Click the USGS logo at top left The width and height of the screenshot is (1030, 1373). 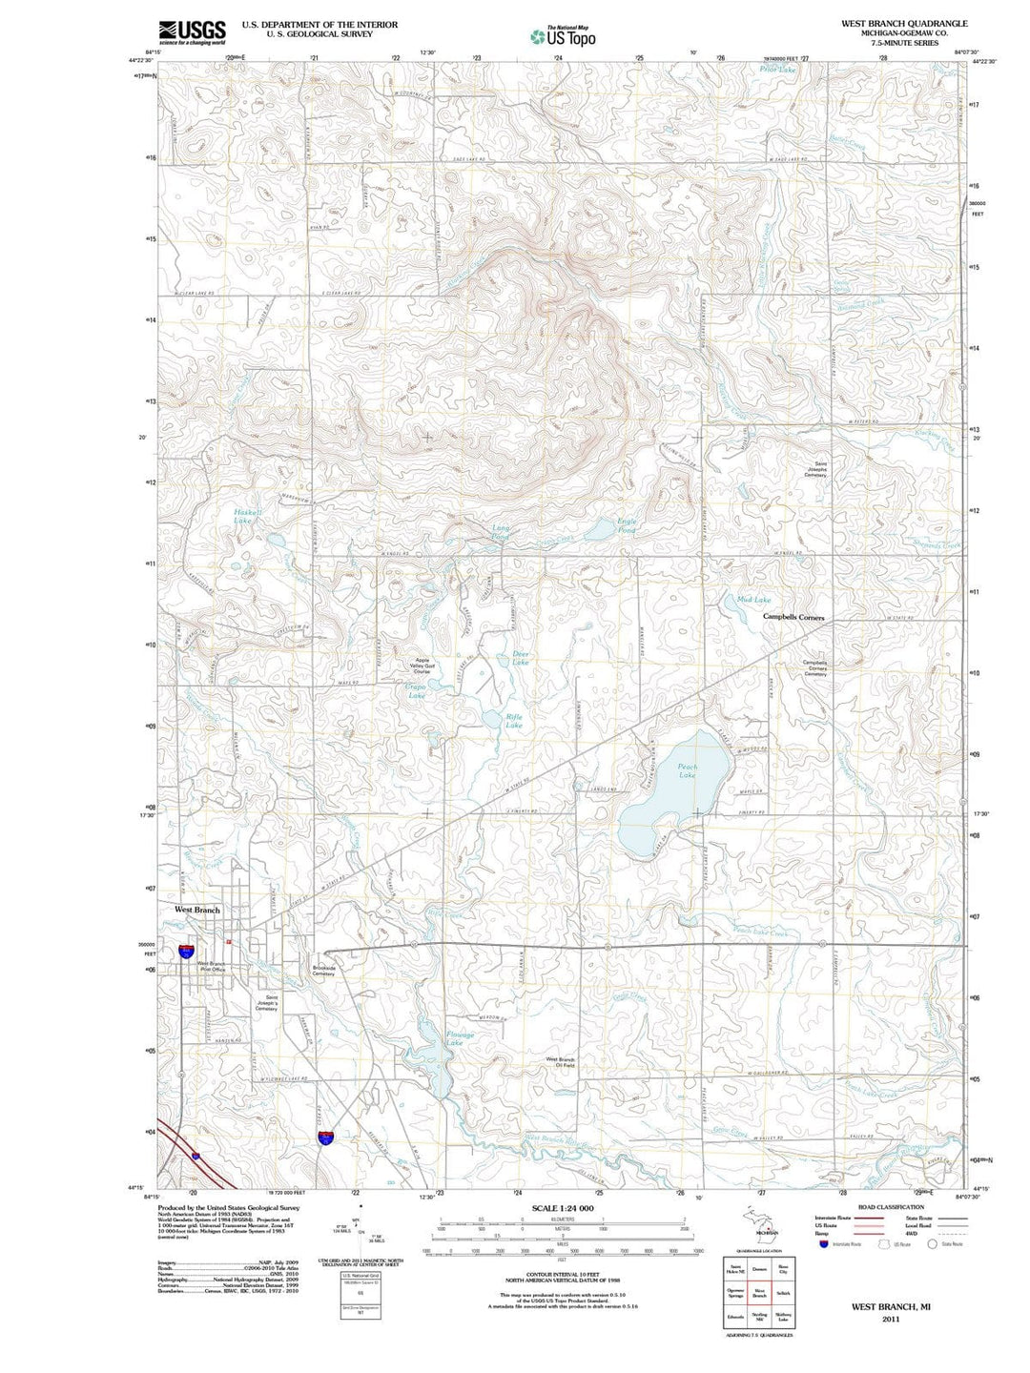[192, 31]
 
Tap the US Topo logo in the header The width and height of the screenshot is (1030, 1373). [563, 36]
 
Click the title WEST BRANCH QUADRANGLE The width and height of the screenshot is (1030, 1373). [890, 23]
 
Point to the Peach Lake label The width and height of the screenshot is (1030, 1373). [688, 770]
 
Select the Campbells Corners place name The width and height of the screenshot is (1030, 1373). [793, 618]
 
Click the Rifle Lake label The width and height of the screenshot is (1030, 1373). [514, 721]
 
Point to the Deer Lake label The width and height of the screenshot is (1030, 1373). [520, 657]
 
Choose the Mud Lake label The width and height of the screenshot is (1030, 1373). [753, 600]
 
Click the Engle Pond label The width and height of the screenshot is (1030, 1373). [627, 525]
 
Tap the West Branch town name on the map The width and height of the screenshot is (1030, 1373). [197, 910]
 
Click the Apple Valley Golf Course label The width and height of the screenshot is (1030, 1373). [422, 665]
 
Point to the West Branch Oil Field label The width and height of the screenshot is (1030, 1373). [561, 1062]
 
